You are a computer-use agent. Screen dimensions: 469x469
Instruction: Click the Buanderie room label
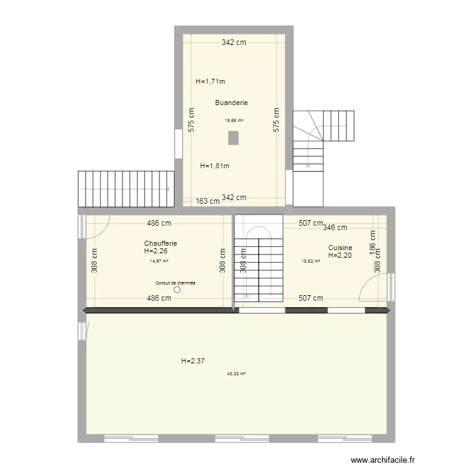click(231, 103)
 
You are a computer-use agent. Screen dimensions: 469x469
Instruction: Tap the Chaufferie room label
click(160, 243)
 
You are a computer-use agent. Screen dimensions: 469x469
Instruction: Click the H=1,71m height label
click(210, 81)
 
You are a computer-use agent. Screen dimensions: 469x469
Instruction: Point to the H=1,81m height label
click(214, 166)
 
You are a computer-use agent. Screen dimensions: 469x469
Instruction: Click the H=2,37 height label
click(193, 361)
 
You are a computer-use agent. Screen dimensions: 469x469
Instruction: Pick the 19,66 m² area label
click(234, 120)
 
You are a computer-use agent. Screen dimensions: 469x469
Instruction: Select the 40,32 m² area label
click(236, 373)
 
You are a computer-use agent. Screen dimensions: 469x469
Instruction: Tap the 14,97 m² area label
click(159, 261)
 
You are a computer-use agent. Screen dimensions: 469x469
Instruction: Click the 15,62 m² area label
click(311, 261)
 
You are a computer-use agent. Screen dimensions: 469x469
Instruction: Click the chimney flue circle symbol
click(178, 290)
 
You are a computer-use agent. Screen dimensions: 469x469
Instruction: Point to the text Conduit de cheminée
click(176, 283)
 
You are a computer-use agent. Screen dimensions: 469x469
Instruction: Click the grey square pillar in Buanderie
click(233, 138)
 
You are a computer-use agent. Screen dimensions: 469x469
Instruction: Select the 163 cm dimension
click(207, 201)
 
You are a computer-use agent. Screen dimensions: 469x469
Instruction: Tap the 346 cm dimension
click(335, 228)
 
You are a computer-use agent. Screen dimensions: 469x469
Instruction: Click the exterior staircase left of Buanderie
click(125, 188)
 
